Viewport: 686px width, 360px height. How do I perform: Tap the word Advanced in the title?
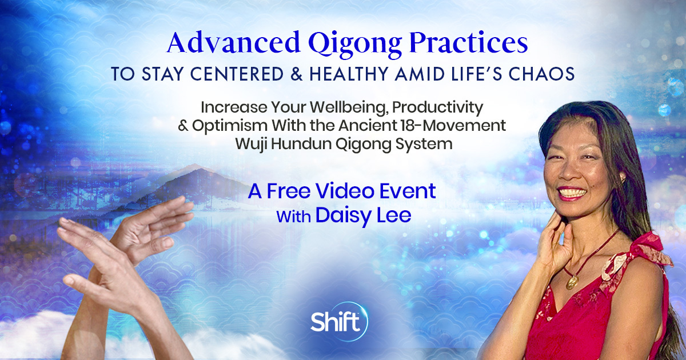coord(234,42)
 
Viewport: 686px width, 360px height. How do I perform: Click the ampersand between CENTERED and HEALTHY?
coord(297,74)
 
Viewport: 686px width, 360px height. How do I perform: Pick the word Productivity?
coord(438,108)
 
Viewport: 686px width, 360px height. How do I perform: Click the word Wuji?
coord(251,145)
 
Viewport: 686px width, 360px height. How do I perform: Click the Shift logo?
coord(338,321)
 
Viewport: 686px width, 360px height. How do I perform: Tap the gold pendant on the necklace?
coord(572,282)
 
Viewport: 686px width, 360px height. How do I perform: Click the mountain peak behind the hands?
coord(194,166)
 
